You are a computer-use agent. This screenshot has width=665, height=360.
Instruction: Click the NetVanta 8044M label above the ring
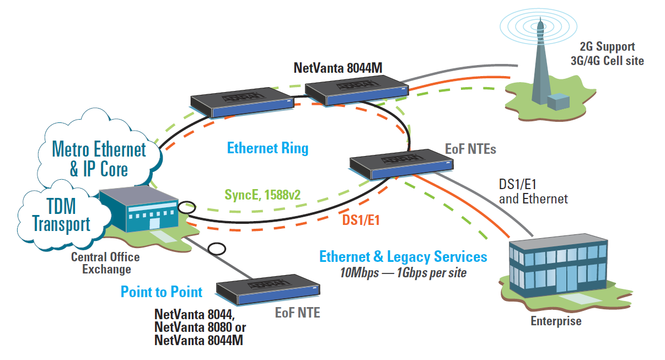338,68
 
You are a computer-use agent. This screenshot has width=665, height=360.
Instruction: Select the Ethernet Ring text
267,148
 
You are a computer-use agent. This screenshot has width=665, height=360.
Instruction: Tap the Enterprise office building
557,270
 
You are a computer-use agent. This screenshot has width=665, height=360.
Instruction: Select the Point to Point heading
162,292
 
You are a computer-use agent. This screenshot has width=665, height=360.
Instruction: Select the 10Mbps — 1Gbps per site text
403,272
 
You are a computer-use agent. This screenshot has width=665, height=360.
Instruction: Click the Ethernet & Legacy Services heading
403,256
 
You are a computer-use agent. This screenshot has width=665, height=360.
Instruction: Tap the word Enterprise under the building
555,321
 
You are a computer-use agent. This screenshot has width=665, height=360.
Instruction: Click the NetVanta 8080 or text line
200,327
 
